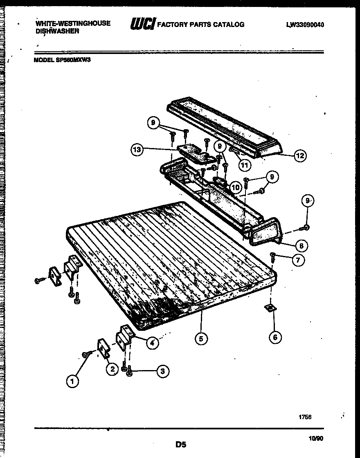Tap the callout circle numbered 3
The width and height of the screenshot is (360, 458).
[x=162, y=371]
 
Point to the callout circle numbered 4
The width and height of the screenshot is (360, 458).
[x=152, y=343]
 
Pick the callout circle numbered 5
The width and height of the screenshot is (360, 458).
[x=201, y=338]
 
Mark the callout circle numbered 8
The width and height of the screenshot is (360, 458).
[x=301, y=246]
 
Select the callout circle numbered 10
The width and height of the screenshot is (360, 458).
[x=235, y=187]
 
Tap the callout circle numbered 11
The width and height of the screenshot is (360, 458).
[x=244, y=166]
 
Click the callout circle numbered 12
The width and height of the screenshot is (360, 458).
[x=300, y=156]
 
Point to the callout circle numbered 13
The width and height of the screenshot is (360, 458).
[x=137, y=150]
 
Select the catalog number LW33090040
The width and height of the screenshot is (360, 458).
[x=305, y=25]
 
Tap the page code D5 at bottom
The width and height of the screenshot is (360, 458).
[x=181, y=444]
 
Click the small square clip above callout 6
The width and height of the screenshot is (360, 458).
[x=270, y=308]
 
